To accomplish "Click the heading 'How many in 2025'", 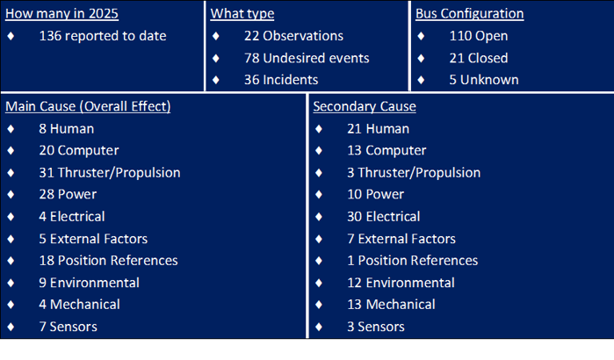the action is [61, 14].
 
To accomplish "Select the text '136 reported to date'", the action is [103, 36].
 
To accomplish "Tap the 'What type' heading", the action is [242, 14].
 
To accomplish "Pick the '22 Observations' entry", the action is [293, 36].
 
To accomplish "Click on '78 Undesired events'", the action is [307, 58].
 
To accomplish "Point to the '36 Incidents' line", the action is [281, 80].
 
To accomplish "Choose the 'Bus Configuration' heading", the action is [470, 14].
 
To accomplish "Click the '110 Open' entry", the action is [479, 36].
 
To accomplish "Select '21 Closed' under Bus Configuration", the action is [479, 58].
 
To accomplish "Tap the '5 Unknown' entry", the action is [484, 80].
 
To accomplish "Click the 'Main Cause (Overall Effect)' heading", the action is [88, 106].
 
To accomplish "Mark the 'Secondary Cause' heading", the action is [365, 106].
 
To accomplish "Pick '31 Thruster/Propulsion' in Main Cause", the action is [110, 173].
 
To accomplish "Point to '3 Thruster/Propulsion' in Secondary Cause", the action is [414, 173].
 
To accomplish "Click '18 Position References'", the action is [108, 261].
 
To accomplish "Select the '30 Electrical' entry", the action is [384, 216].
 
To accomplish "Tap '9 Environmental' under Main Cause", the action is [90, 283].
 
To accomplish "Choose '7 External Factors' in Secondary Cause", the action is [401, 239].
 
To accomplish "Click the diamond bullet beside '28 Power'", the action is [11, 194].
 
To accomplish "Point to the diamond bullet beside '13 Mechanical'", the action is [319, 305].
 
